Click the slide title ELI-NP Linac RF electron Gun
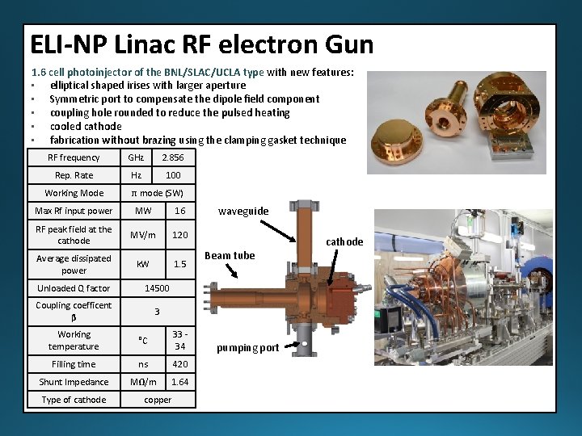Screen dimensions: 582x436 201,44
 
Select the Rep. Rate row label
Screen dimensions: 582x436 74,175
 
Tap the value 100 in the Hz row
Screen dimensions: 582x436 173,175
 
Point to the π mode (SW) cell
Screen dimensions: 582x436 157,193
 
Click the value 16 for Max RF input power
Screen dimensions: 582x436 179,211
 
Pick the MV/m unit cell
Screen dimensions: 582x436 143,235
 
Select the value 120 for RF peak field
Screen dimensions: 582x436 179,235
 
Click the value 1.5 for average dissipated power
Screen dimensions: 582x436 179,264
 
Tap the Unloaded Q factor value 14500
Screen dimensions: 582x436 157,288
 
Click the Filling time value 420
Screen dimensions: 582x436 179,364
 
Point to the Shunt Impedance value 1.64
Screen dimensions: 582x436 179,382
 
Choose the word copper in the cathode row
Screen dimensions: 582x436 157,400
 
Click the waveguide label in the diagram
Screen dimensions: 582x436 243,212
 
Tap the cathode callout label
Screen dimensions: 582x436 344,242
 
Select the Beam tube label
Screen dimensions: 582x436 230,256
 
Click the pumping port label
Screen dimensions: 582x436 247,348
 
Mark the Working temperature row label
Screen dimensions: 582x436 74,340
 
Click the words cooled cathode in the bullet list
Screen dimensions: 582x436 86,126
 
